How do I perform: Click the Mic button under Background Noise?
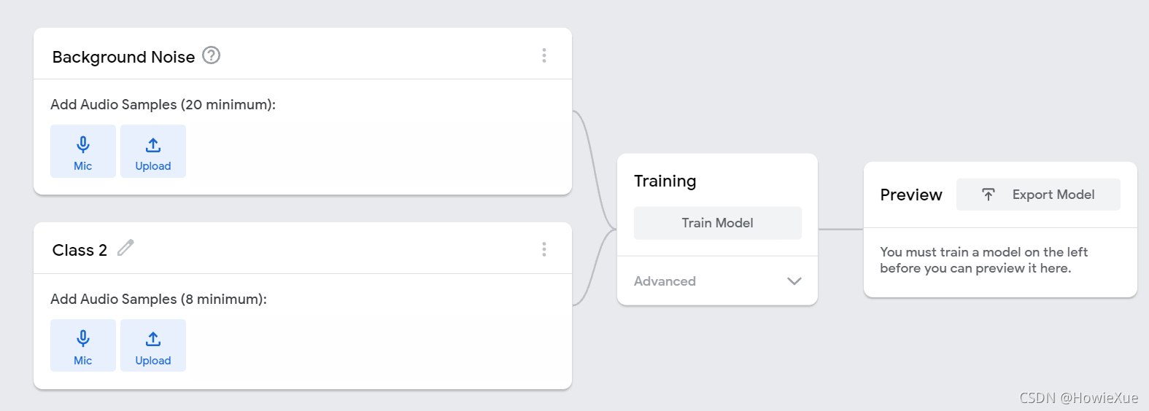pyautogui.click(x=83, y=151)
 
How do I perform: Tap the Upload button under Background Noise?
pyautogui.click(x=153, y=151)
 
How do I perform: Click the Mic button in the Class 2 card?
pyautogui.click(x=83, y=345)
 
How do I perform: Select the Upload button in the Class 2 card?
pyautogui.click(x=153, y=345)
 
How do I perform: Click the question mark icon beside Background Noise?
pyautogui.click(x=211, y=55)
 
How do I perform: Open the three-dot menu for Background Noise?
pyautogui.click(x=544, y=55)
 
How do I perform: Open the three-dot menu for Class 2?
pyautogui.click(x=544, y=249)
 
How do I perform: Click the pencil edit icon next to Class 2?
pyautogui.click(x=125, y=248)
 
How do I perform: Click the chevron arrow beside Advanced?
pyautogui.click(x=794, y=281)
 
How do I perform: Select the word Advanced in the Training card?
pyautogui.click(x=665, y=281)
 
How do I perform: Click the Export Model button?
pyautogui.click(x=1038, y=195)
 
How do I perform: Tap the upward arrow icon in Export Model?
pyautogui.click(x=988, y=195)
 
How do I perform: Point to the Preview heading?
pyautogui.click(x=911, y=195)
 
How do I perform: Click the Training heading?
pyautogui.click(x=665, y=181)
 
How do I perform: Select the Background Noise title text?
pyautogui.click(x=123, y=57)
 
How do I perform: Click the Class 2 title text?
pyautogui.click(x=80, y=250)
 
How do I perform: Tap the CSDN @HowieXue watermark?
pyautogui.click(x=1078, y=398)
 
